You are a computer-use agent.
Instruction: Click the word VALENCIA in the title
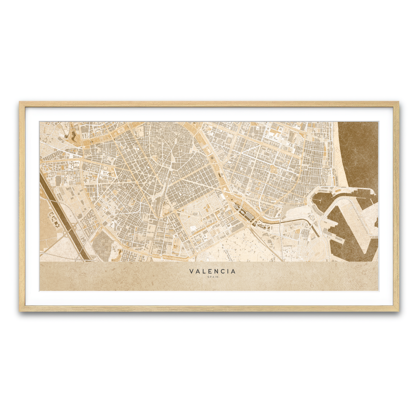(212, 271)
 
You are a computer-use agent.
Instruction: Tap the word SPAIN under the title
(212, 277)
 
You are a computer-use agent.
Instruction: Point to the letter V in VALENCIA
(191, 271)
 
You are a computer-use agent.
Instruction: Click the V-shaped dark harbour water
(349, 230)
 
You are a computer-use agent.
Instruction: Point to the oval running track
(212, 159)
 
